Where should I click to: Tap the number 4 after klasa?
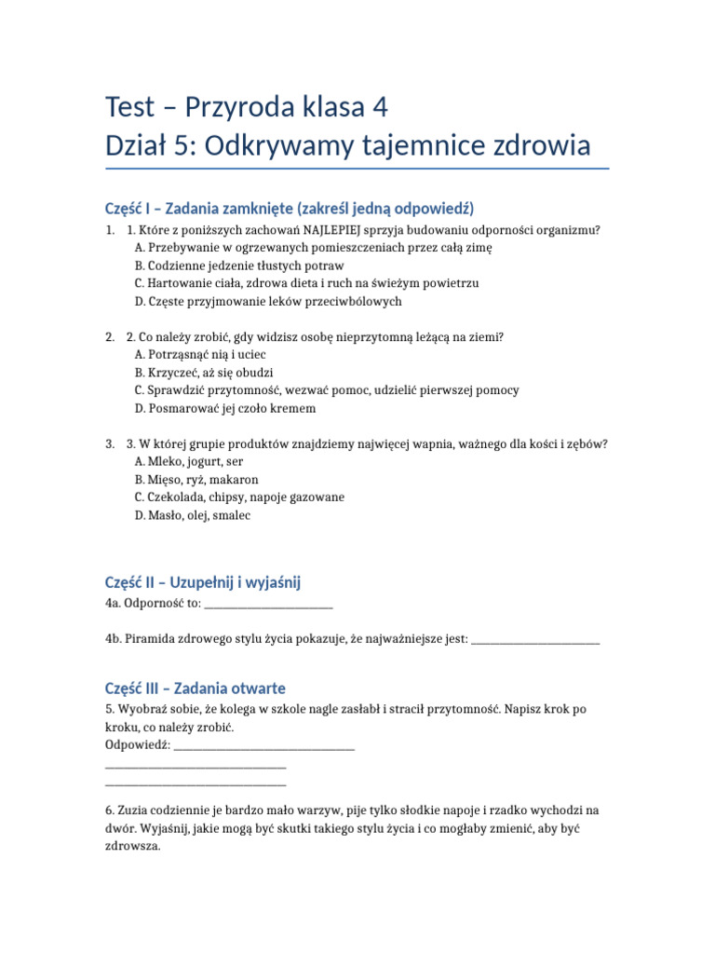[x=379, y=108]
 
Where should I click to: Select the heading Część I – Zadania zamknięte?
[x=290, y=208]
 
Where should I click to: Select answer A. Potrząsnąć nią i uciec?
[x=200, y=355]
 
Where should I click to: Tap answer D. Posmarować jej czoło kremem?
[x=224, y=408]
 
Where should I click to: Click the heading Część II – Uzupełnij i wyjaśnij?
[x=203, y=583]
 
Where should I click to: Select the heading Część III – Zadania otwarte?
[x=196, y=688]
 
